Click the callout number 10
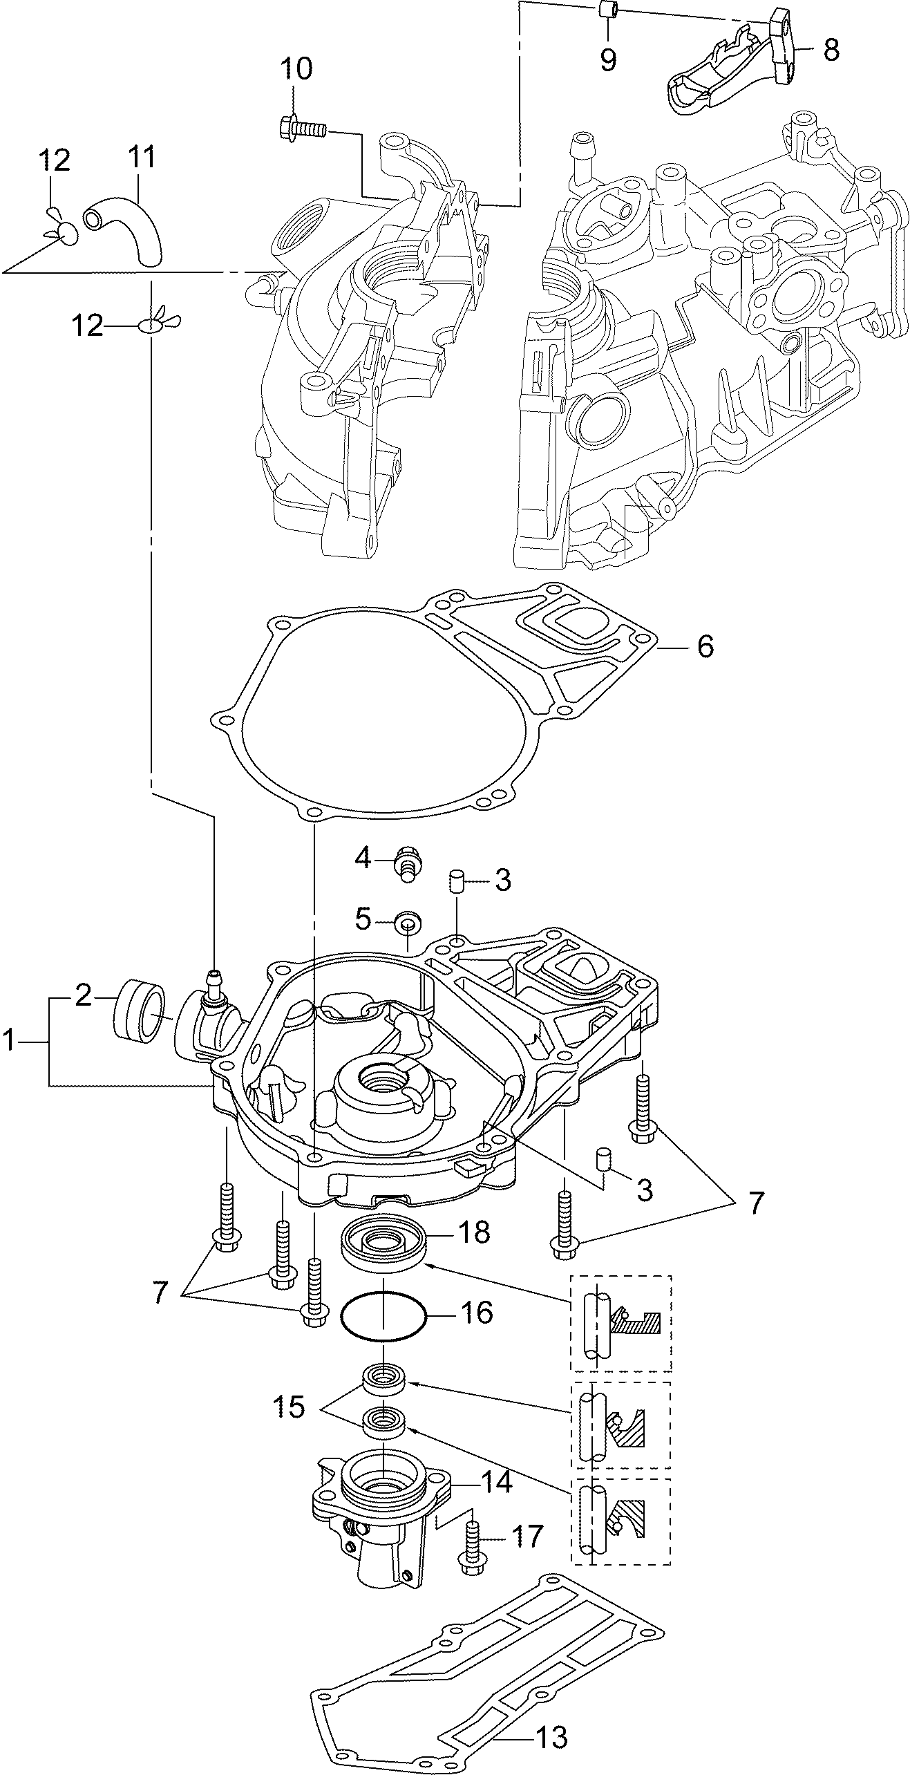(296, 69)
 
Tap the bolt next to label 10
(302, 128)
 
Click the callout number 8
(831, 50)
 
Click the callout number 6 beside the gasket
(705, 647)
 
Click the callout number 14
(496, 1483)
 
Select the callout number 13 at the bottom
(551, 1731)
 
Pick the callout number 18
(474, 1232)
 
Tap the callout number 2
(83, 995)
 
